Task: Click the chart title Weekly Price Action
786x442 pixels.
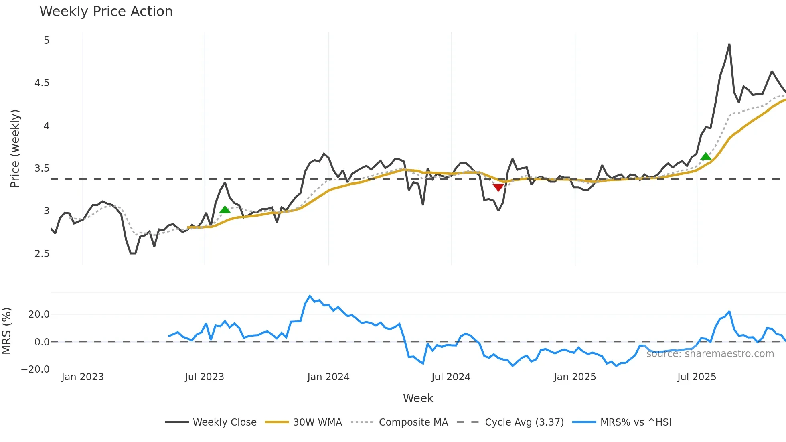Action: tap(106, 12)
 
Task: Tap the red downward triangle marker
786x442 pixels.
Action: tap(498, 187)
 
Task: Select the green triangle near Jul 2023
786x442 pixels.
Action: tap(225, 209)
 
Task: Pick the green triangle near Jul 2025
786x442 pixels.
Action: tap(705, 156)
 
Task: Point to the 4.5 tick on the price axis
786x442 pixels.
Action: tap(42, 83)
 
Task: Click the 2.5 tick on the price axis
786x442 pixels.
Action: tap(42, 253)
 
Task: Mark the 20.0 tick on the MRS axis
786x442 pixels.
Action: tap(39, 314)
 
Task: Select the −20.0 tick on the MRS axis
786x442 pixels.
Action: tap(35, 369)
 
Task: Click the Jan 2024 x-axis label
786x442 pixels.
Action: tap(328, 377)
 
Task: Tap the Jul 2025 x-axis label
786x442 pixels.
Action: tap(697, 377)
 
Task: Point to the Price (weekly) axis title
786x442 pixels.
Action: tap(15, 148)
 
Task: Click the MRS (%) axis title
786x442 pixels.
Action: tap(6, 331)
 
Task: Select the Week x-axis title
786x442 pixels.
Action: tap(418, 398)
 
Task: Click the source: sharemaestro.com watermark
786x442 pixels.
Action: tap(710, 354)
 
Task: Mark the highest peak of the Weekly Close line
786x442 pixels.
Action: tap(729, 45)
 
